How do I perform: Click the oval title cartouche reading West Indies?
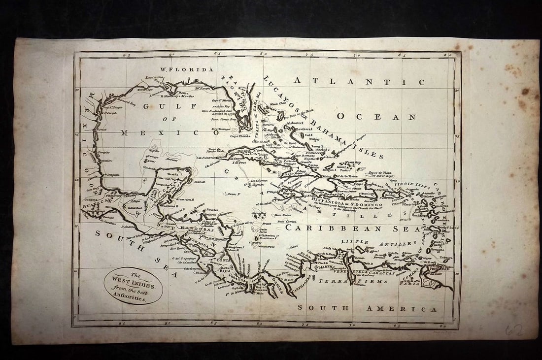pyautogui.click(x=134, y=286)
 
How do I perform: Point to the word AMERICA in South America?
pyautogui.click(x=401, y=309)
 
